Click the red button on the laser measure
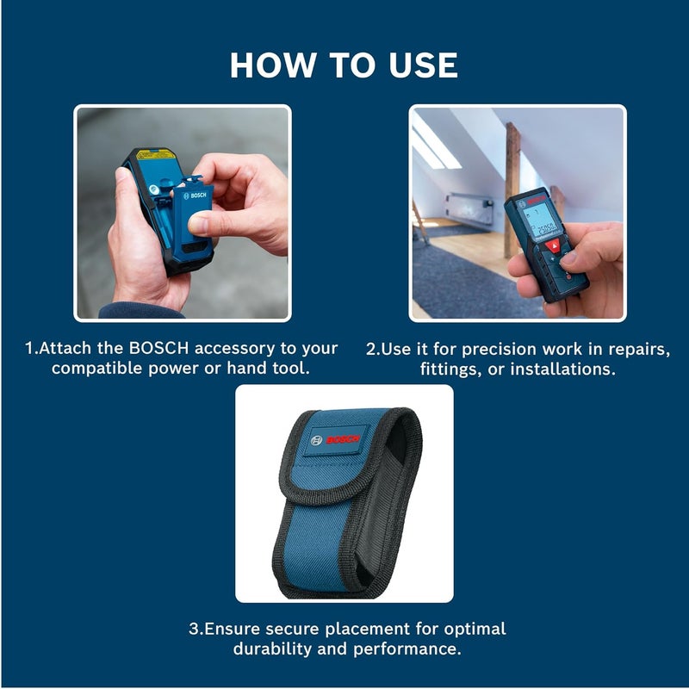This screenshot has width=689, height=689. (554, 245)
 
